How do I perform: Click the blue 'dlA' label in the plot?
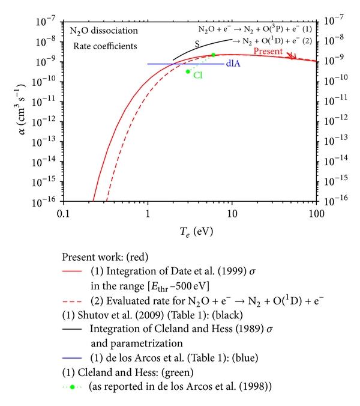pos(233,64)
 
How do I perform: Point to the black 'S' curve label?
pos(196,43)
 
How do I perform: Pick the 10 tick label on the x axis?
pos(232,215)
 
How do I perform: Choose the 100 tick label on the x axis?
pos(316,215)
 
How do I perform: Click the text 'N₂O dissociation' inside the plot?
pos(103,30)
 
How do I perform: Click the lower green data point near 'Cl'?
pos(188,71)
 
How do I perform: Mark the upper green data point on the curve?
pos(213,55)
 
